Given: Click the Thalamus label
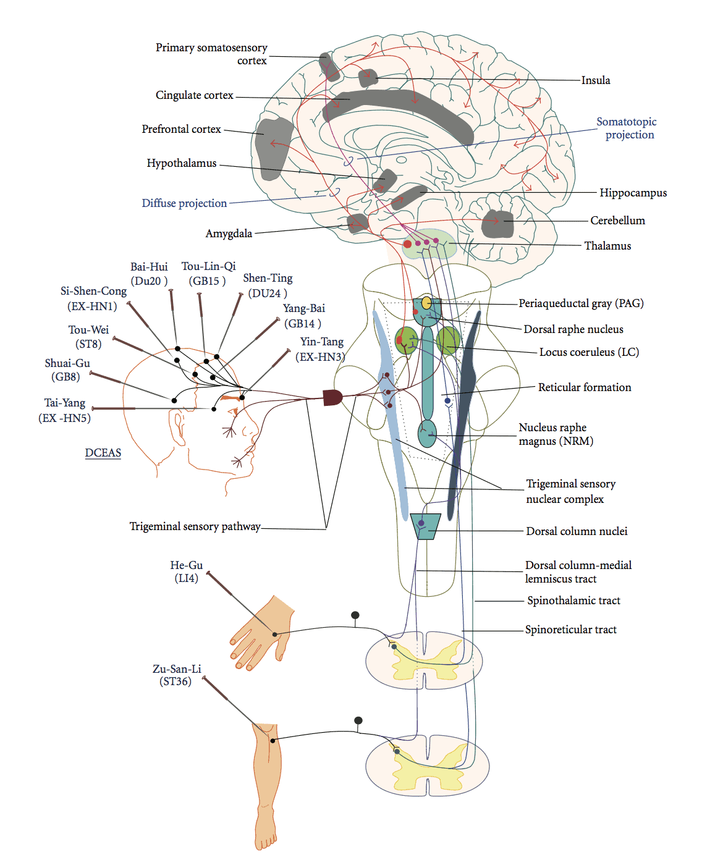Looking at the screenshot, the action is click(x=607, y=245).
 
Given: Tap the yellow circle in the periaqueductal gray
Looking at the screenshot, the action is click(x=426, y=303).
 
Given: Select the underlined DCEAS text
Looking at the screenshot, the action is click(x=103, y=453).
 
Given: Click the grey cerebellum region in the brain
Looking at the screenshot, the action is click(x=497, y=224).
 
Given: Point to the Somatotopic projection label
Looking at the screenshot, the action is click(x=627, y=128).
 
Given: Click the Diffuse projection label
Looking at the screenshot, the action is click(x=184, y=203).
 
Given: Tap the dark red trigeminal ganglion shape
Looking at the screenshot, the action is click(x=332, y=397).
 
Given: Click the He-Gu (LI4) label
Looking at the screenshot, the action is click(x=186, y=571).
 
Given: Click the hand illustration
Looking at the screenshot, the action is click(x=261, y=632).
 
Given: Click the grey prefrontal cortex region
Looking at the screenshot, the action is click(x=273, y=148).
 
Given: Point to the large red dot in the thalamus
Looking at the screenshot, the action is click(x=407, y=244).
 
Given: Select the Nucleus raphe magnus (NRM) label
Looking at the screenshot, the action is click(x=556, y=434).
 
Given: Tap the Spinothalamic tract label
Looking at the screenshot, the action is click(x=573, y=601).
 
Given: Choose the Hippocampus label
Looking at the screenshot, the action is click(x=633, y=193).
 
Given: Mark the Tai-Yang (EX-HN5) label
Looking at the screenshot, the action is click(x=64, y=410).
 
